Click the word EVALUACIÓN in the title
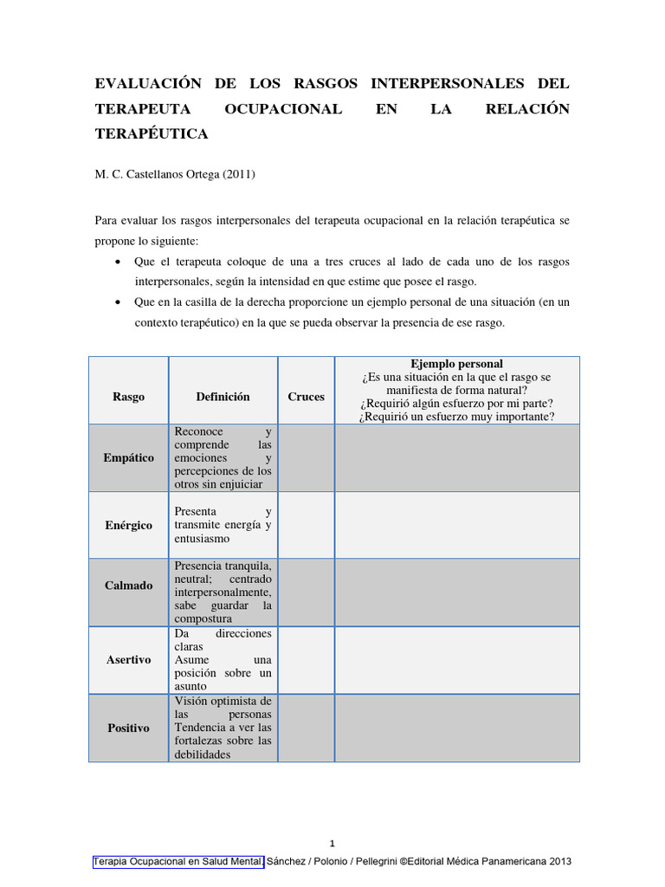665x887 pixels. click(147, 84)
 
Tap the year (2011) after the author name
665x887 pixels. click(240, 174)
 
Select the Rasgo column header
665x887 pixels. click(128, 397)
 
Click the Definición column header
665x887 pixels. click(223, 397)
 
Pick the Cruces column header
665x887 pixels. click(306, 397)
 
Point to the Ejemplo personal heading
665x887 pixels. click(457, 364)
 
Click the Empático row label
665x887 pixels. click(128, 457)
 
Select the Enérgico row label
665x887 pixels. click(128, 525)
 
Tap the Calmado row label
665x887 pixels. click(128, 586)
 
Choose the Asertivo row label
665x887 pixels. click(128, 659)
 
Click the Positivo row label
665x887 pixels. click(128, 728)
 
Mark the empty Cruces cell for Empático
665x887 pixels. click(306, 457)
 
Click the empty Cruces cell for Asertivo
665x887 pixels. click(306, 659)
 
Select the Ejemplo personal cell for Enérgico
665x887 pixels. click(457, 525)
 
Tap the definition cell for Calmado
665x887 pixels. click(223, 592)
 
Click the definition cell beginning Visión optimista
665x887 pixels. click(223, 728)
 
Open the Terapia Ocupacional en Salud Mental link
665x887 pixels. click(178, 862)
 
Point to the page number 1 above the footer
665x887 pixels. click(332, 844)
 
